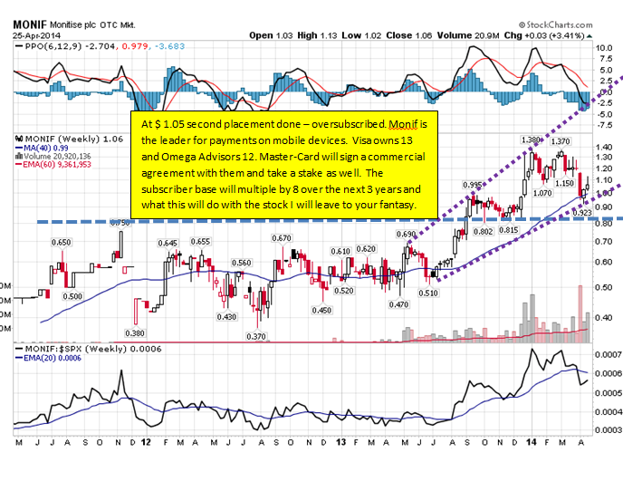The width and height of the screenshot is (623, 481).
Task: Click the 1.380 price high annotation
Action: point(532,139)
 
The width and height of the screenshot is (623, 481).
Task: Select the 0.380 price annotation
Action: point(135,332)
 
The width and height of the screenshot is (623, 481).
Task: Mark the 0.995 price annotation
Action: point(470,185)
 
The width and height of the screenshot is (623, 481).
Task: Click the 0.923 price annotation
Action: point(584,212)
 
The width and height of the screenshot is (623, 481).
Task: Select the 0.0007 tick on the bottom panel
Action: point(606,353)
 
